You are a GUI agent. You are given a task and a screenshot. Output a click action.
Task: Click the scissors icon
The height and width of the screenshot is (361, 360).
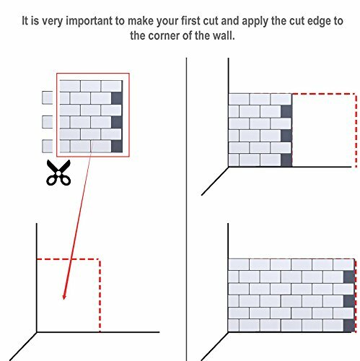pos(58,173)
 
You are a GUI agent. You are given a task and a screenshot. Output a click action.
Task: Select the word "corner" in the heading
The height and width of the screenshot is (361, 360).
pos(164,35)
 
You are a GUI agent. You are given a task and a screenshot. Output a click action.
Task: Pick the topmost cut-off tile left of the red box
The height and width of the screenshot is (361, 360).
pos(48,97)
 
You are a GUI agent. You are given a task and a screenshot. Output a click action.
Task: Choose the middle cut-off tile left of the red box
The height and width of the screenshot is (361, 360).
pos(48,122)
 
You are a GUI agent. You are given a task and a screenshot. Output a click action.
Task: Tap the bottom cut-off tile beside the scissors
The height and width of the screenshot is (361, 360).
pos(48,147)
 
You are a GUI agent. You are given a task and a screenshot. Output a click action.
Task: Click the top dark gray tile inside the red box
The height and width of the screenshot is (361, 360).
pos(117,98)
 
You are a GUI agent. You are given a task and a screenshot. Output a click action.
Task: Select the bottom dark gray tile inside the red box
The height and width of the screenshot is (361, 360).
pos(117,147)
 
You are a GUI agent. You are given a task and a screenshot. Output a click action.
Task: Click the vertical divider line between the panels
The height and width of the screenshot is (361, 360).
pos(186,209)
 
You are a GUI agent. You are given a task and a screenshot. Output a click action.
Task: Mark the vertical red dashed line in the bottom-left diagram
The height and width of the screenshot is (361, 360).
pos(100,295)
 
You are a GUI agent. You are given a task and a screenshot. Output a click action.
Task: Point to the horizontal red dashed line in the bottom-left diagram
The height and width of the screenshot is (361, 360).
pos(68,259)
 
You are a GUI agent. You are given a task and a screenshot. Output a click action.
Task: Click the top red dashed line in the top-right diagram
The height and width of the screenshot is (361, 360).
pos(324,94)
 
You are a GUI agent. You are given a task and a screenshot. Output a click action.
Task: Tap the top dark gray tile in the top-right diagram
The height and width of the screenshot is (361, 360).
pos(286,111)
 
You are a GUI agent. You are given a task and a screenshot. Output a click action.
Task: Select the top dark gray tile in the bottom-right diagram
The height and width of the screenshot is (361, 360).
pos(349,277)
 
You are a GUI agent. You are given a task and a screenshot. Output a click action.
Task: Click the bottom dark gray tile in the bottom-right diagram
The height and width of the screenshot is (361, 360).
pos(349,326)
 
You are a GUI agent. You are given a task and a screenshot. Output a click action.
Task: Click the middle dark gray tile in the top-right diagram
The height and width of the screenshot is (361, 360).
pos(286,136)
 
